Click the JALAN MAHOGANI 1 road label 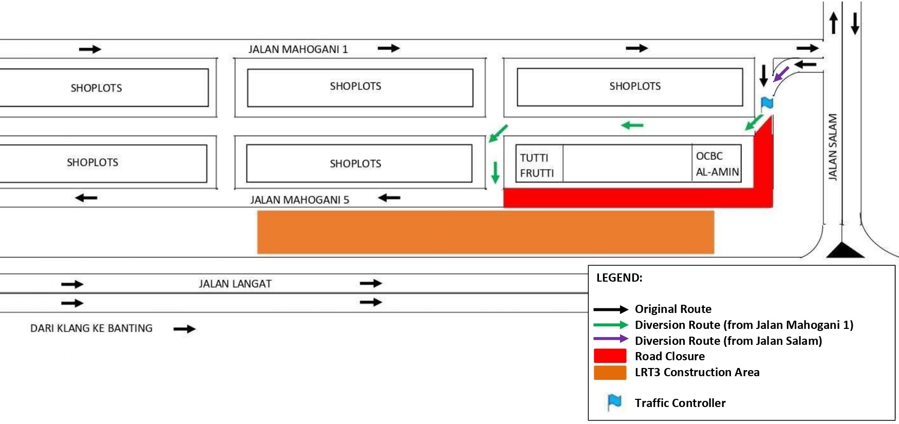298,49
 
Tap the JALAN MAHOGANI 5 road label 299,200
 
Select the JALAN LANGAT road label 235,284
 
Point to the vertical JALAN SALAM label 833,147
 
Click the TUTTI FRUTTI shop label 537,165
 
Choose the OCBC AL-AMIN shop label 717,164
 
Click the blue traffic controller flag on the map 767,103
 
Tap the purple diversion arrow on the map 781,73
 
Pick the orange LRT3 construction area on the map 485,232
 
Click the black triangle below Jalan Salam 845,250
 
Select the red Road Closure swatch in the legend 610,356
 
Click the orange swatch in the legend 610,372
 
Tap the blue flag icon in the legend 614,402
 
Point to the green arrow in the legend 611,325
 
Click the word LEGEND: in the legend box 619,278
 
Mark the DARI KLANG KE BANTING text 91,328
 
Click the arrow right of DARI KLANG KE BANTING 184,329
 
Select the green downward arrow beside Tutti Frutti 495,172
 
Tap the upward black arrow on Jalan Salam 833,24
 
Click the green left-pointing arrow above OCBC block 632,125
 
